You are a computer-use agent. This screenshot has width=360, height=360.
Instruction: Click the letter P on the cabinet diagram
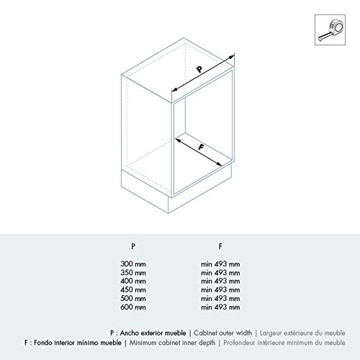click(x=200, y=69)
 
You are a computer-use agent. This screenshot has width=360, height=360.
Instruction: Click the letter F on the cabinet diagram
click(x=202, y=147)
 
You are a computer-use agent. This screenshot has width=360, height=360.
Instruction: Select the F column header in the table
click(x=220, y=245)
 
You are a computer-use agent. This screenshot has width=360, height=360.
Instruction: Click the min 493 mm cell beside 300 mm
click(x=220, y=264)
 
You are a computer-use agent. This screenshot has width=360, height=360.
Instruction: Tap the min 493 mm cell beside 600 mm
click(x=220, y=307)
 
